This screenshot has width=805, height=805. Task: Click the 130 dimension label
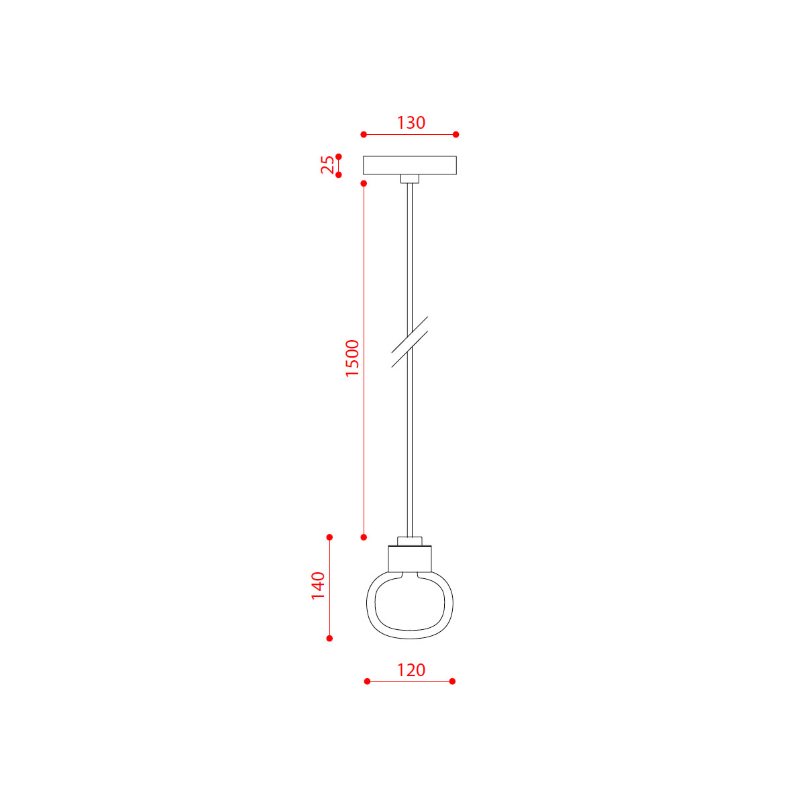[411, 123]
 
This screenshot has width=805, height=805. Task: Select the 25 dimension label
[327, 165]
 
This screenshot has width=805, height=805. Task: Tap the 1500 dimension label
[352, 358]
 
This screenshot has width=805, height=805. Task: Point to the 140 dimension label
[318, 586]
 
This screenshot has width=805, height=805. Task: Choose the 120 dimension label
[411, 669]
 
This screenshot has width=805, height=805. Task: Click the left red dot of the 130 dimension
[364, 135]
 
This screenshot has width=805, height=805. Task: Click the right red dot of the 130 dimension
[456, 135]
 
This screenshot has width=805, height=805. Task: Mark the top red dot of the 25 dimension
[339, 156]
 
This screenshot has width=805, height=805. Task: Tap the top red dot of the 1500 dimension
[364, 183]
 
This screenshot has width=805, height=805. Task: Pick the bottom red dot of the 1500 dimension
[364, 537]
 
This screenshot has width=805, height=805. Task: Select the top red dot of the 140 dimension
[329, 537]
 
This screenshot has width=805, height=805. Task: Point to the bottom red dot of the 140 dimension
[329, 638]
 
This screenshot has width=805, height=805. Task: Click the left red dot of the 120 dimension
[367, 681]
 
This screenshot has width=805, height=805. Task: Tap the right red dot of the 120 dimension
[452, 681]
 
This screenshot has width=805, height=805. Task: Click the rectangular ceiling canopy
[410, 165]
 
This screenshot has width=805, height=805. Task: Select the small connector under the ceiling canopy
[410, 179]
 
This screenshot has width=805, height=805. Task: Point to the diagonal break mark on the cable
[410, 342]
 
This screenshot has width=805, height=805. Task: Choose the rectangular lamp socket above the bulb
[410, 558]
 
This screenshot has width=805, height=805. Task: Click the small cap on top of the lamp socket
[410, 541]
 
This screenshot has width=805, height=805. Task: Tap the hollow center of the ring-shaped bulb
[410, 604]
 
